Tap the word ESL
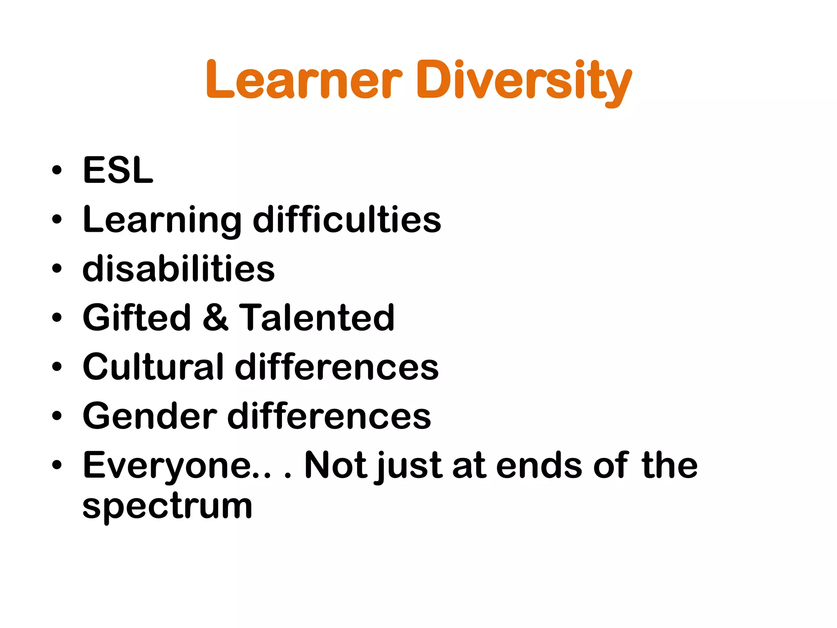[118, 170]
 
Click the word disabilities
[179, 269]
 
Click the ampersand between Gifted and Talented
[215, 318]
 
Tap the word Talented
[317, 318]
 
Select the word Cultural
[153, 367]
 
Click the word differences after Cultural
[337, 367]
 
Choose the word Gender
[150, 416]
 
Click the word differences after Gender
[329, 416]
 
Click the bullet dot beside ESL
[57, 170]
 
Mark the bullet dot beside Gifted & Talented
[57, 318]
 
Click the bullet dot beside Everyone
[57, 465]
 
